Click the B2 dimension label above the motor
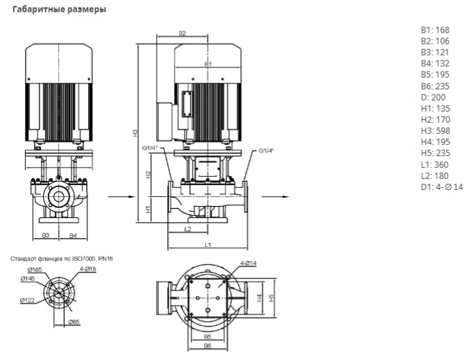[183, 33]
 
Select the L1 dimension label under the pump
[207, 245]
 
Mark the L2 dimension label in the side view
[187, 228]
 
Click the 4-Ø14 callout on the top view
[247, 262]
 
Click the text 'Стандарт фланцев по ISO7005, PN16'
[61, 258]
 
